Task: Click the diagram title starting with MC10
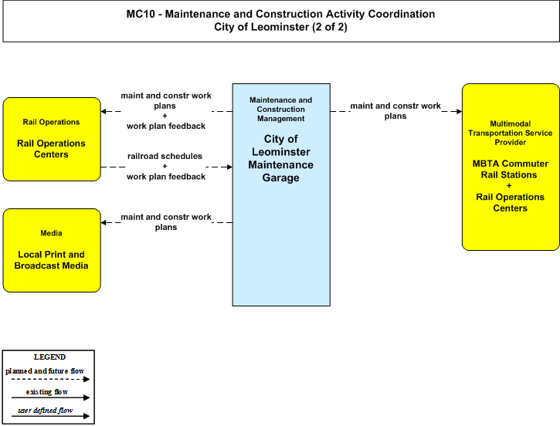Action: coord(280,20)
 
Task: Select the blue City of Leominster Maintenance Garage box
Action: coord(281,194)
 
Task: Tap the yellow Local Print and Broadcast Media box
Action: coord(52,251)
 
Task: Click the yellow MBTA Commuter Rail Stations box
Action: coord(511,167)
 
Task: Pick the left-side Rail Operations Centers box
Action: coord(52,139)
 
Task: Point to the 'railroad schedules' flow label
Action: coord(165,156)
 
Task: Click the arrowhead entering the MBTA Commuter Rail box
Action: coord(460,111)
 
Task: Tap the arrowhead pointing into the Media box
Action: coord(104,222)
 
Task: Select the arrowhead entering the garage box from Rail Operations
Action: coord(229,167)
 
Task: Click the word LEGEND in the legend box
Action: coord(49,357)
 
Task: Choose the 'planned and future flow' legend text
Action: coord(45,371)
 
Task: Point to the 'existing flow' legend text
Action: coord(47,392)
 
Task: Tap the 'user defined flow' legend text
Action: coord(46,411)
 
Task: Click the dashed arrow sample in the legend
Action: coord(50,379)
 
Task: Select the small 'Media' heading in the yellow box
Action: coord(51,233)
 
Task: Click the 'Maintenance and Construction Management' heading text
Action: coord(280,109)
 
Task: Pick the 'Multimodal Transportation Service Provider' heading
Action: coord(510,133)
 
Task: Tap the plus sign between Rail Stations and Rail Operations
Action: coord(509,185)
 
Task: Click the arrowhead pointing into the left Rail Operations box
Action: coord(104,111)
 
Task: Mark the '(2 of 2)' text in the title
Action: coord(329,27)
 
